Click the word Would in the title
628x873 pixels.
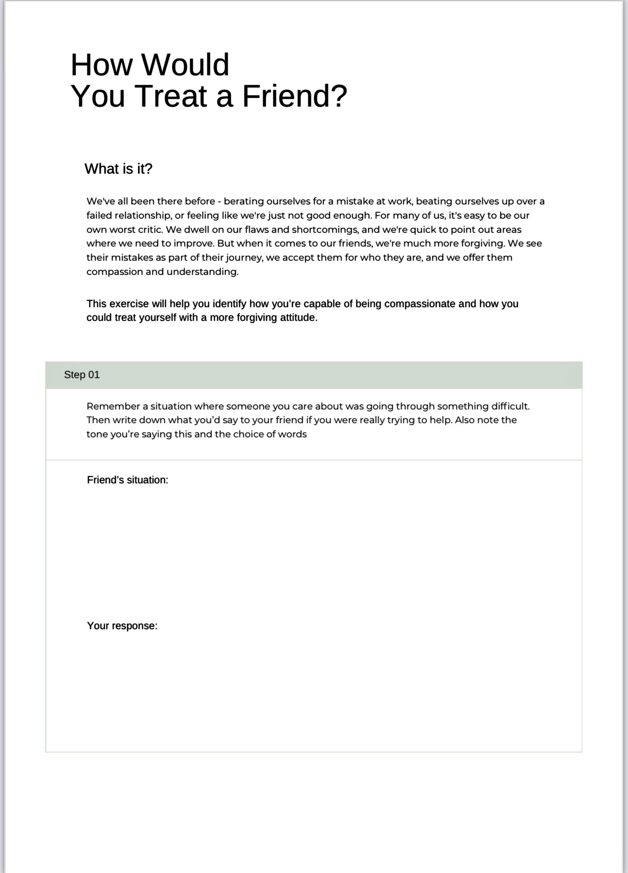click(185, 65)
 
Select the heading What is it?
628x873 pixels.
click(118, 169)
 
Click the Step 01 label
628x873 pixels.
click(82, 375)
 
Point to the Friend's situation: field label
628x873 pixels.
click(127, 480)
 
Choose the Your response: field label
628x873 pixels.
click(122, 626)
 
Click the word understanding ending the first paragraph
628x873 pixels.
click(202, 272)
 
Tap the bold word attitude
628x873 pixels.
click(298, 318)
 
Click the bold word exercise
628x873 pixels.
click(129, 304)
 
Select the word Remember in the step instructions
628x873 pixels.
click(113, 406)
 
